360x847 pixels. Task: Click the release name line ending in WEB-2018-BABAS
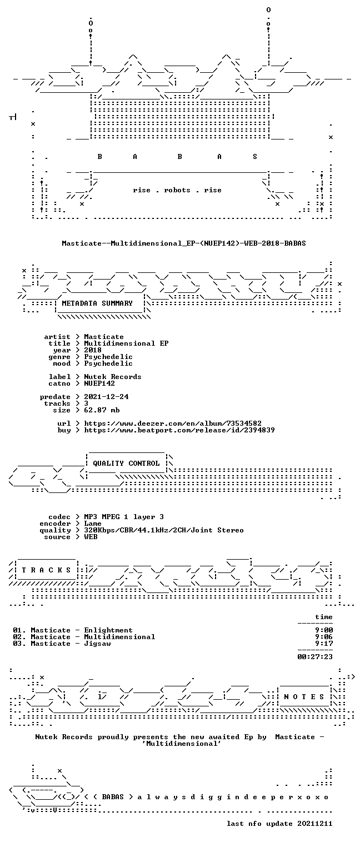184,243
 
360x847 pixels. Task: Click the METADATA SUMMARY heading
97,303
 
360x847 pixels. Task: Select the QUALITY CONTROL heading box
126,463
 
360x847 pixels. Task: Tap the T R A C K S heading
47,570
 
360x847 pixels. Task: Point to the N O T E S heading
304,697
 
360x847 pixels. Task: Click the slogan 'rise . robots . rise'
177,190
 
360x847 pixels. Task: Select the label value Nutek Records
113,377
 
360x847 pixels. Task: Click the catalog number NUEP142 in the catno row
99,383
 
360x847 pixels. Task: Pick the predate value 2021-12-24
106,397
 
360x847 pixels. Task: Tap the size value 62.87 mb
102,410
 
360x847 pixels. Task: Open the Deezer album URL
173,423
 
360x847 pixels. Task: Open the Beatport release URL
179,430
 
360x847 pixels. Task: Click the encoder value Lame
93,524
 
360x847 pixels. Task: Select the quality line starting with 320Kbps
164,531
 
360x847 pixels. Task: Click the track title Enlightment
108,630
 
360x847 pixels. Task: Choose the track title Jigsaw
97,644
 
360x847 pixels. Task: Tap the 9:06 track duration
324,637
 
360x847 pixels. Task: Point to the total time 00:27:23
315,657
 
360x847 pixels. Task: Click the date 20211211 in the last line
315,824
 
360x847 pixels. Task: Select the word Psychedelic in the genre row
108,357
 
